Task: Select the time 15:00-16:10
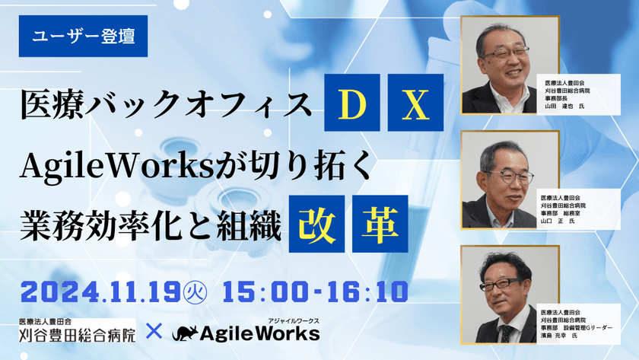(x=314, y=291)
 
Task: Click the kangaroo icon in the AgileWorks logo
(x=188, y=333)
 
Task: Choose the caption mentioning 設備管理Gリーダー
(x=581, y=331)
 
